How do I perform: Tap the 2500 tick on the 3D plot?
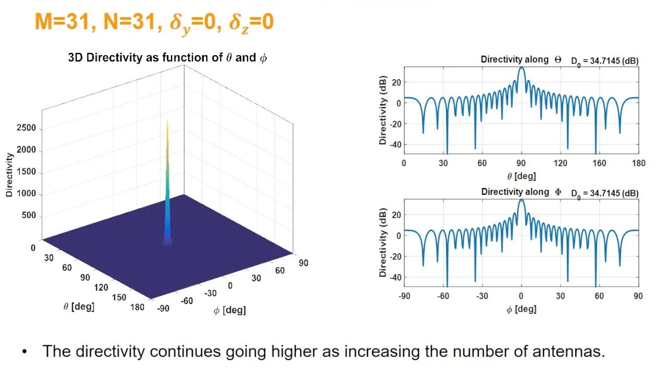point(26,128)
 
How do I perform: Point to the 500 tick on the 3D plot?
point(28,216)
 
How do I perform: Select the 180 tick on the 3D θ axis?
point(137,307)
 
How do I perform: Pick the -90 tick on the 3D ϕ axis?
point(164,308)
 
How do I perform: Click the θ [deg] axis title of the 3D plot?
point(79,307)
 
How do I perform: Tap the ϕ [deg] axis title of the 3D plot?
point(229,310)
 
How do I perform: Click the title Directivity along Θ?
point(521,59)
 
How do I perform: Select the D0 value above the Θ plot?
point(604,61)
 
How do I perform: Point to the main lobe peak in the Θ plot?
point(521,68)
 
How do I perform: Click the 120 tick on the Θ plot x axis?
point(560,163)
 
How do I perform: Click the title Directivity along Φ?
point(521,192)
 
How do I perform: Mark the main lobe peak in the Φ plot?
point(521,200)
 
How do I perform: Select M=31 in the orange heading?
point(63,22)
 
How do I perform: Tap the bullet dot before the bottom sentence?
point(24,352)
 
